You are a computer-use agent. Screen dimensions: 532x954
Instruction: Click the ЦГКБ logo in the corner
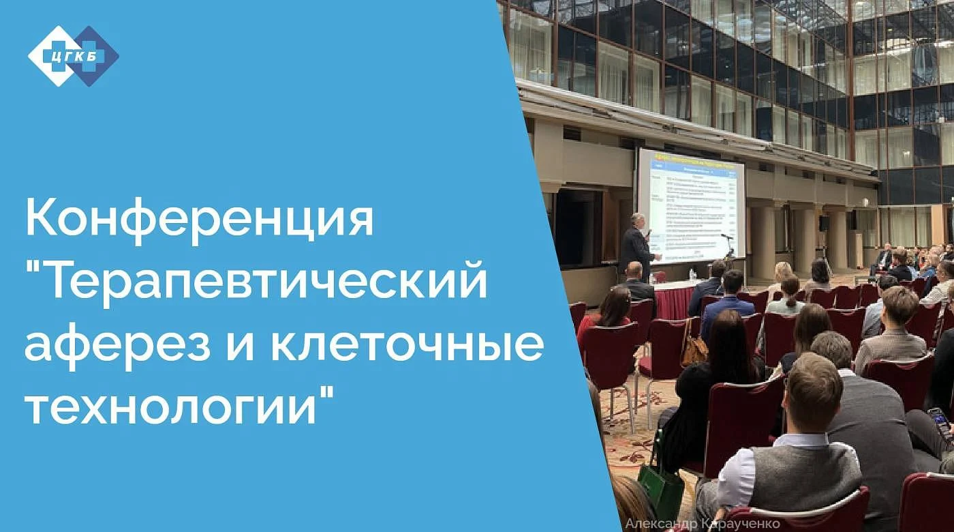click(x=73, y=55)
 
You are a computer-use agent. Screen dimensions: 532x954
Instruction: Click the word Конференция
click(x=200, y=218)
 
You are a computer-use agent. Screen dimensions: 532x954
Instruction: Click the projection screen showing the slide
click(x=690, y=206)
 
